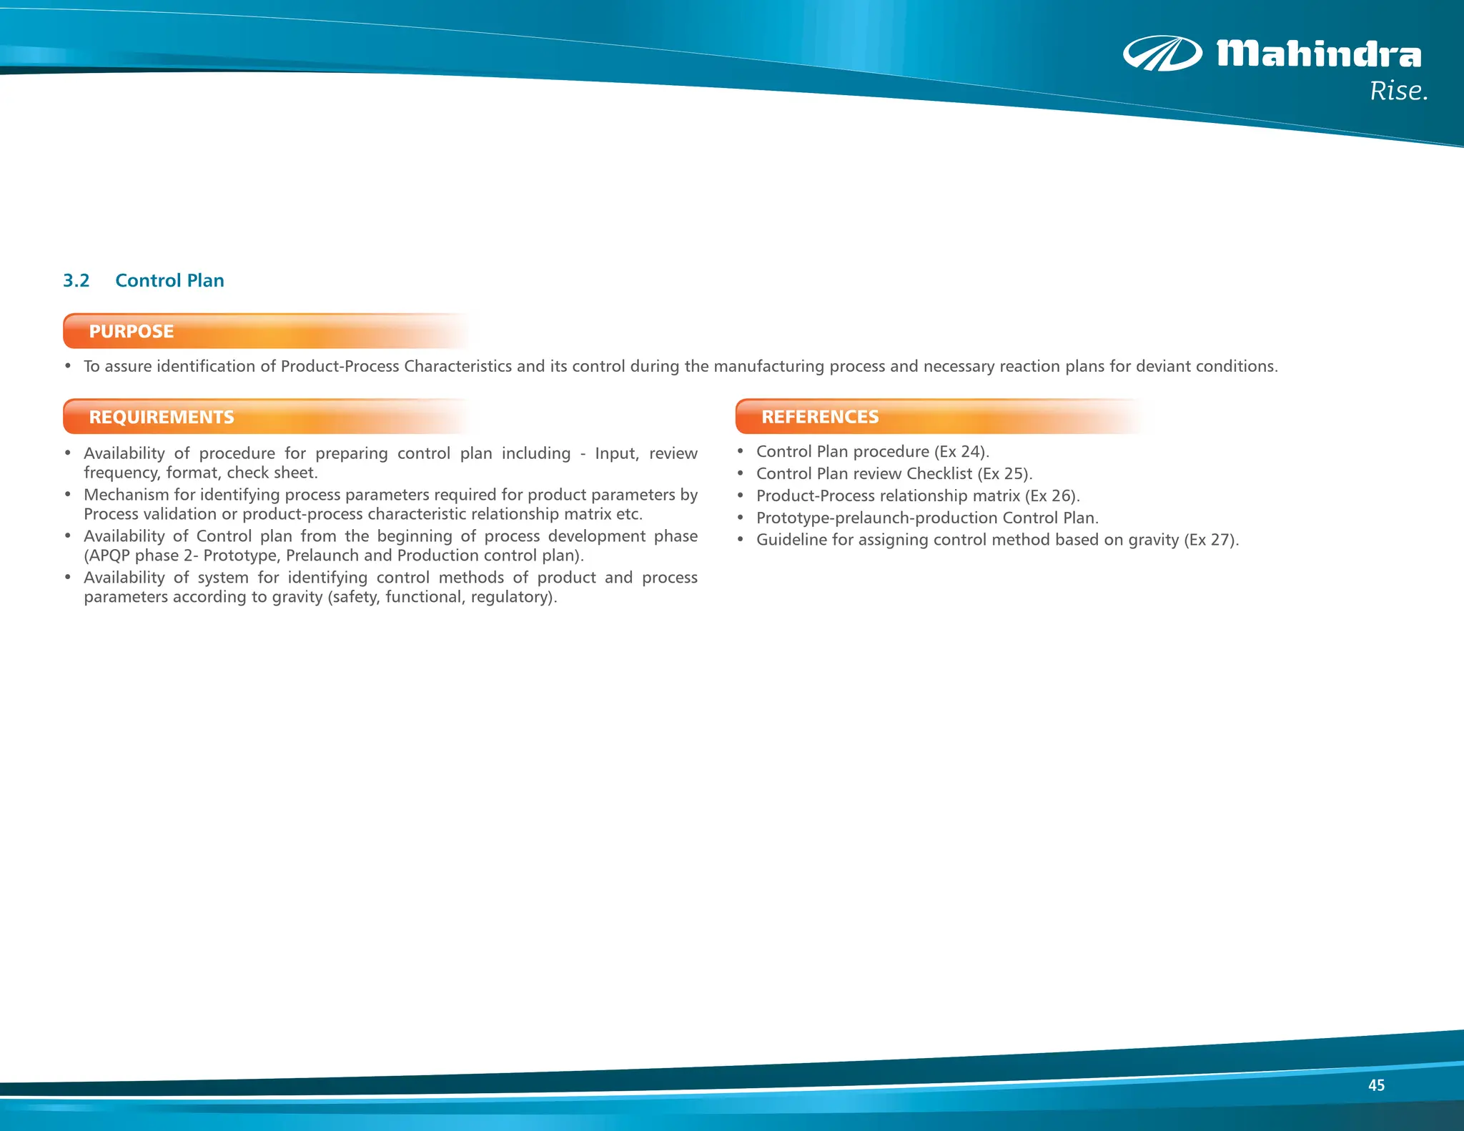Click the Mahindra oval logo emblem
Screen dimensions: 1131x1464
[1162, 54]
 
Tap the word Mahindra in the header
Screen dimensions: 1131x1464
[1319, 54]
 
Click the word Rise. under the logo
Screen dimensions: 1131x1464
[1398, 92]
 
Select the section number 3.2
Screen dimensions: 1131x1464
[76, 280]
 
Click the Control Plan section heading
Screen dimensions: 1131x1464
[169, 280]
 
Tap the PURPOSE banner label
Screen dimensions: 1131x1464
[132, 332]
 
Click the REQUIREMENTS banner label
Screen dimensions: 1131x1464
[162, 418]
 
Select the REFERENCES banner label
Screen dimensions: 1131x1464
[820, 417]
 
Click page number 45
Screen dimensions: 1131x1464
[1376, 1085]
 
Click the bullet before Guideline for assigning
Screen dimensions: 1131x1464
[741, 540]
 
